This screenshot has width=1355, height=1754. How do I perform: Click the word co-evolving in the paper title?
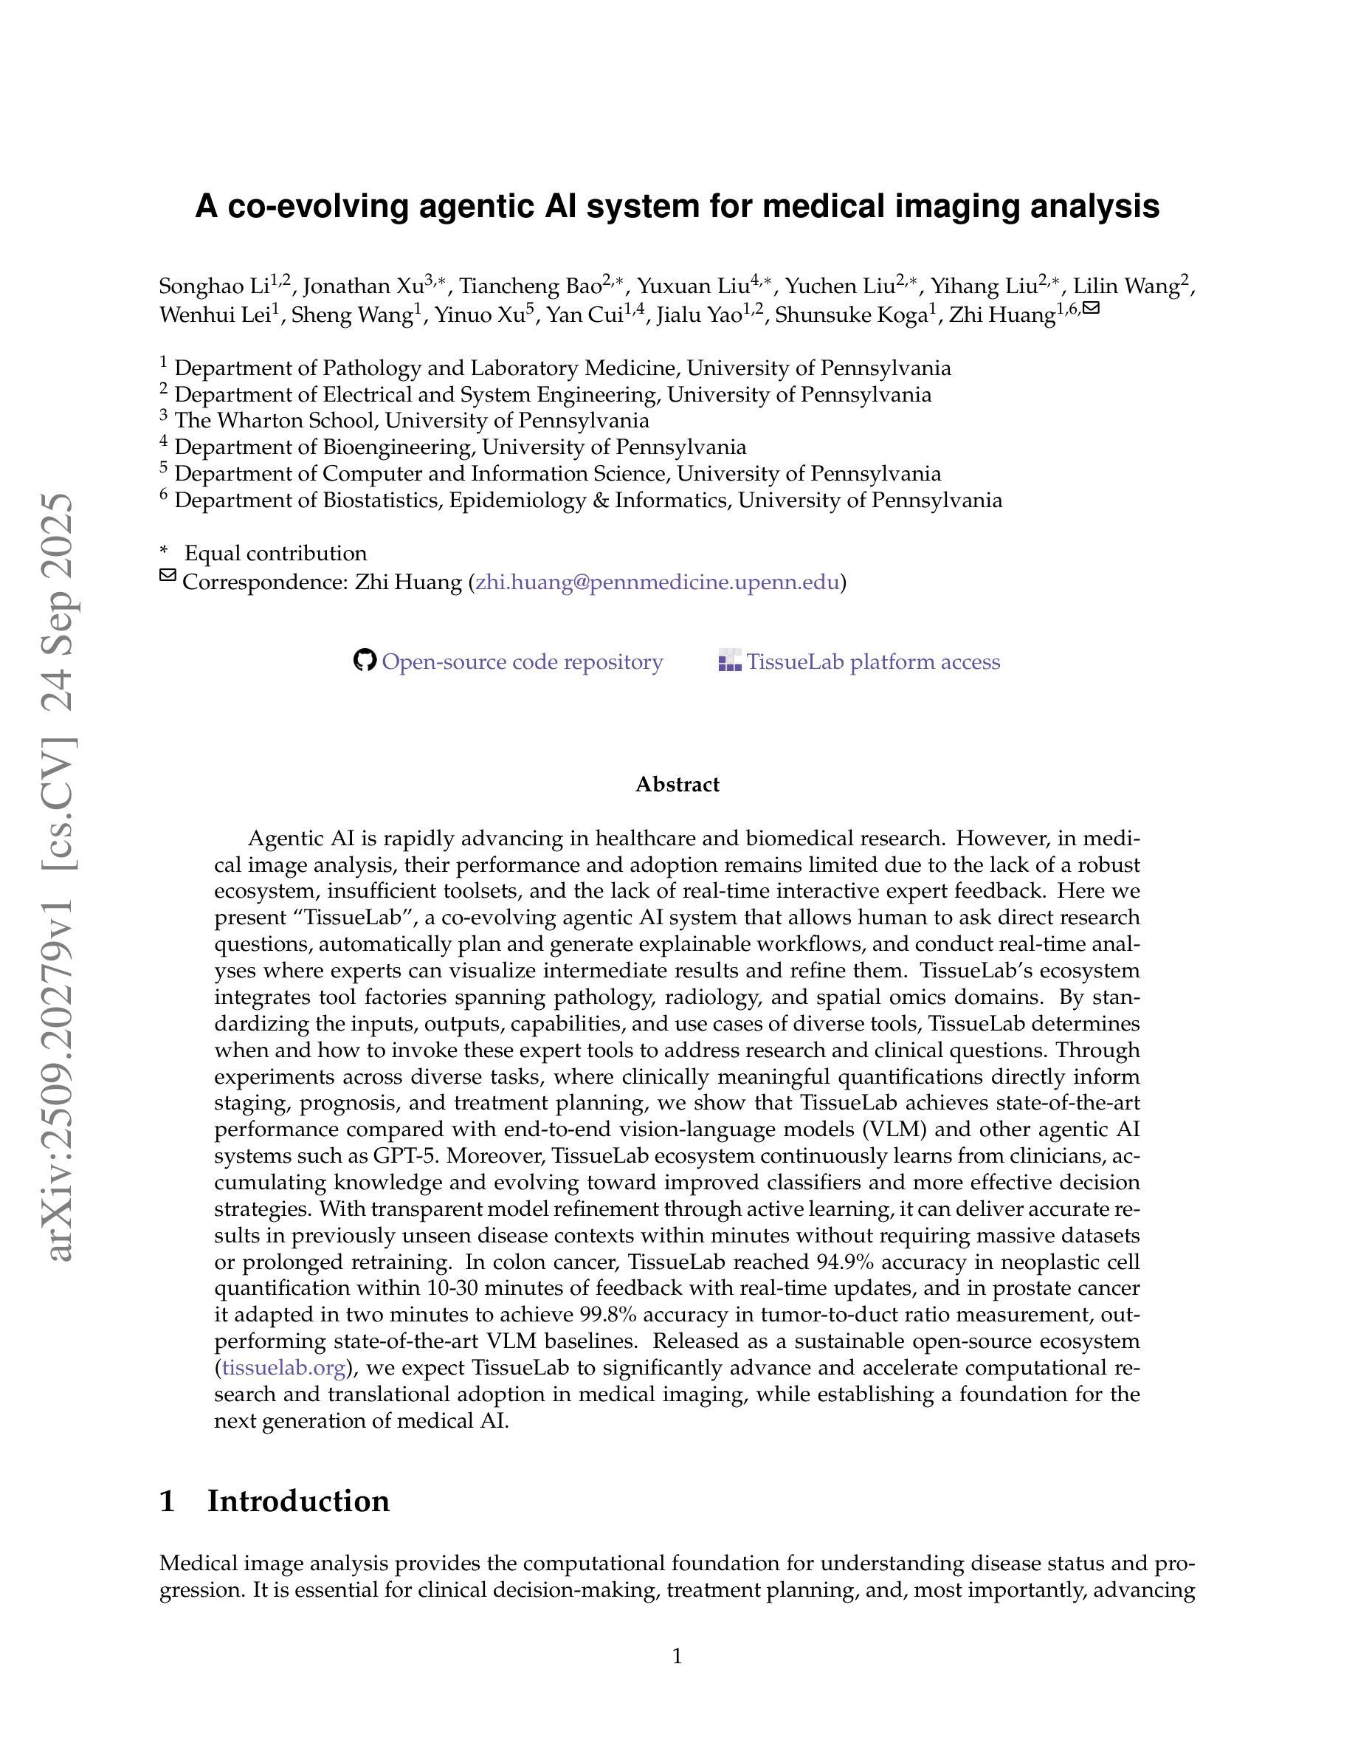[319, 207]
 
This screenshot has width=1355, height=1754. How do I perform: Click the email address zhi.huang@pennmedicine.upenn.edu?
[658, 582]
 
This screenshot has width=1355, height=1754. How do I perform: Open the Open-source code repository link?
[522, 661]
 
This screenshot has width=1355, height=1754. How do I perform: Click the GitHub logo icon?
[365, 661]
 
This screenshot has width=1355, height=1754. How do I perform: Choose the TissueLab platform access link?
[873, 661]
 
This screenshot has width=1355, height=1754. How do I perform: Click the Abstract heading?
[677, 785]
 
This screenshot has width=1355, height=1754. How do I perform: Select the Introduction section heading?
[298, 1501]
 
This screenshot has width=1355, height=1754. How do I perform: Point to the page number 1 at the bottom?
[677, 1656]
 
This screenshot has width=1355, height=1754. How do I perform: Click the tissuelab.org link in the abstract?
[283, 1367]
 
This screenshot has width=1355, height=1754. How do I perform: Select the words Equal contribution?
[275, 554]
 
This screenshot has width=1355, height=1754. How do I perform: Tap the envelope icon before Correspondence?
[167, 576]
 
